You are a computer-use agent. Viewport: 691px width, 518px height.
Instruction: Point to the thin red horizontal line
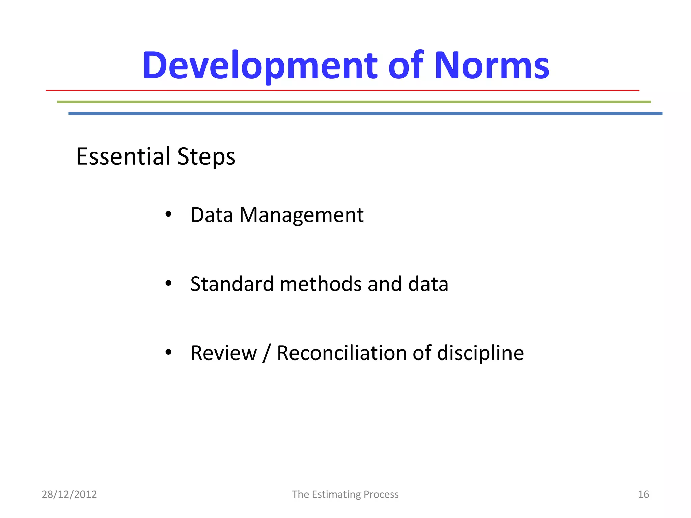342,90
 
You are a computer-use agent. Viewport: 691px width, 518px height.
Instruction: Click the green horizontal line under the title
354,102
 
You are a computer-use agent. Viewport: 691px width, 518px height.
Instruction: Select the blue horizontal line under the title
365,114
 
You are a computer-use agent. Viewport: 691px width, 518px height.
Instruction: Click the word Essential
123,156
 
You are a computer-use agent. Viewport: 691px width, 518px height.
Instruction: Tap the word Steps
206,157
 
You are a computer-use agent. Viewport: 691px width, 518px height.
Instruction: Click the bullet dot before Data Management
168,214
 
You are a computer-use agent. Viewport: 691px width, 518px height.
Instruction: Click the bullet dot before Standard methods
168,284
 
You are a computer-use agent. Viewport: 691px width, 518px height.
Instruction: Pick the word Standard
231,284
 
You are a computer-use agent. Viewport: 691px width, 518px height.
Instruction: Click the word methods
320,284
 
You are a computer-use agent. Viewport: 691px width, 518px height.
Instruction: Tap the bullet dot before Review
168,353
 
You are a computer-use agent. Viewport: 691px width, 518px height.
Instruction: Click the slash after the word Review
267,353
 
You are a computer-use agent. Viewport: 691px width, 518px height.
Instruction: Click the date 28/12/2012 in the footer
69,494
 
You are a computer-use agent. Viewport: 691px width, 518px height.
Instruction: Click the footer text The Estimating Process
345,494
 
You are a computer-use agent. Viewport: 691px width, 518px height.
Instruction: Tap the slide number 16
643,494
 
